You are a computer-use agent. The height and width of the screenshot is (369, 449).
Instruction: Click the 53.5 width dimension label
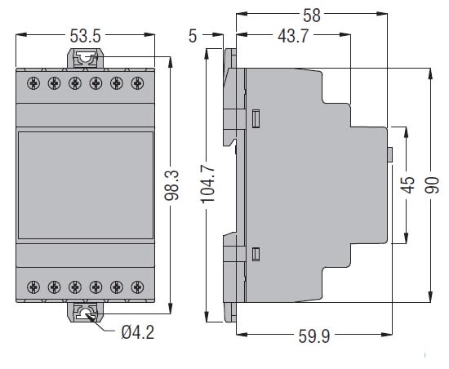(86, 36)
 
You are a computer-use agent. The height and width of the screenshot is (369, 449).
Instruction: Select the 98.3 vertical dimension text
(171, 185)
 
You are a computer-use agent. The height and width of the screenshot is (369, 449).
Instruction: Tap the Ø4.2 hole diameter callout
(138, 332)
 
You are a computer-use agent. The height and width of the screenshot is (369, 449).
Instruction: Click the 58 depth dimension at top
(312, 16)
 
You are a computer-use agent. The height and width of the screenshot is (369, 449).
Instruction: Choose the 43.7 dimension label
(293, 36)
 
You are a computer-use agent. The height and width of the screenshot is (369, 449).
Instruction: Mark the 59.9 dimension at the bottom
(314, 336)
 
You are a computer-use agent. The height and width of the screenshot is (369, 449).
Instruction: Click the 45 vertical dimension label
(407, 184)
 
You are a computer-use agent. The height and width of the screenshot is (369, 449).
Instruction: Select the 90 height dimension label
(432, 185)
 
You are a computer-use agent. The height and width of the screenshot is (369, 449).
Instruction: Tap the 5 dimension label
(193, 36)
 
